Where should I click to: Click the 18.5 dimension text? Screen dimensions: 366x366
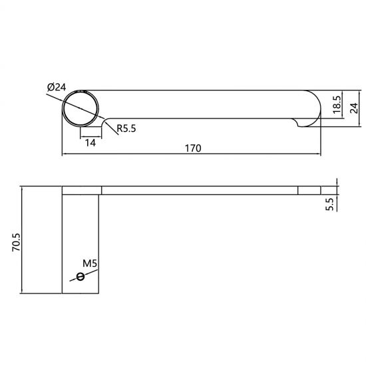pos(337,104)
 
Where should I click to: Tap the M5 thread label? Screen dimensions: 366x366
pos(91,264)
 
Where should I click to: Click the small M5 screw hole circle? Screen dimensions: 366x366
pos(81,277)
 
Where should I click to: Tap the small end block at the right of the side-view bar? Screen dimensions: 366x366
pos(309,190)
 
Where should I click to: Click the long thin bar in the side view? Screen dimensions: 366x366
pos(200,190)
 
